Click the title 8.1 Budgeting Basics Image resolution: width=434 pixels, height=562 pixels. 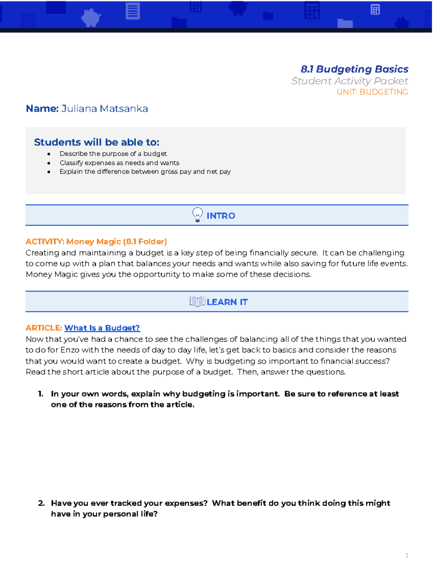354,69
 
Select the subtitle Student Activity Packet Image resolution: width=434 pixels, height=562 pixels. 349,81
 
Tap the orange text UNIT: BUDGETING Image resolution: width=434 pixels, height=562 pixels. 372,92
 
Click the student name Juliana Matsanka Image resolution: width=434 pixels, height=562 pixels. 105,109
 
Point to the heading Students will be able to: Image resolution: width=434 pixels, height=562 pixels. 97,142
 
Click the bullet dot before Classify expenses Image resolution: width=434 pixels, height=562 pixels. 49,163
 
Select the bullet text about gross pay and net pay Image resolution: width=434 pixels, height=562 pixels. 145,172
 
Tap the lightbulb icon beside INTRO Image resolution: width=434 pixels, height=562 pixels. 197,215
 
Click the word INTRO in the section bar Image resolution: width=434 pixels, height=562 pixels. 221,216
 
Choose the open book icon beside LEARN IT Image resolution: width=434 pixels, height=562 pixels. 197,301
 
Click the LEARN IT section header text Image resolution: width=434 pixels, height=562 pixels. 227,302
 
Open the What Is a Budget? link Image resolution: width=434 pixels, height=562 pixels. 102,328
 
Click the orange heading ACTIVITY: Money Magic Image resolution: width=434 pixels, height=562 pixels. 96,241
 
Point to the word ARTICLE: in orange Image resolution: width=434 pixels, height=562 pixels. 44,328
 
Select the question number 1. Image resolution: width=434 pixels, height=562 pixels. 41,394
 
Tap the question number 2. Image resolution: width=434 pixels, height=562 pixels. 41,503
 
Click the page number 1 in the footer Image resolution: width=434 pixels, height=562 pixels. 407,555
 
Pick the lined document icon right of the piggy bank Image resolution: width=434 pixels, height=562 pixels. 133,11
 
